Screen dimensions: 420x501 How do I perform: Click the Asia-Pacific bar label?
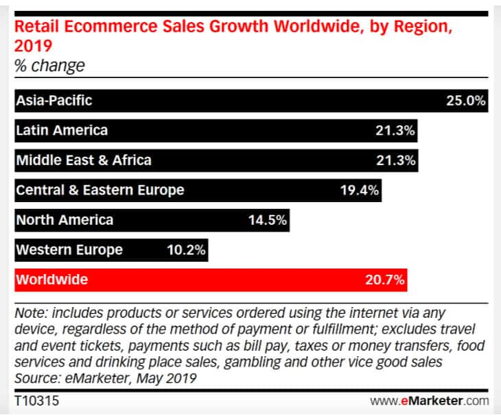click(54, 100)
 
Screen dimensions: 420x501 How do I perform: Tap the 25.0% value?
click(466, 100)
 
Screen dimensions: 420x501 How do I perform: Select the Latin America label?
click(62, 130)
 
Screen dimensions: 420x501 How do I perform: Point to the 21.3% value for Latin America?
click(396, 130)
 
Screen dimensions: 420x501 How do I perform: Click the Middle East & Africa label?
click(83, 160)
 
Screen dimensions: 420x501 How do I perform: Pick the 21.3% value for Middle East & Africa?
click(396, 160)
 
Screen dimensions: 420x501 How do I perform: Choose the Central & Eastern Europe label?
click(100, 190)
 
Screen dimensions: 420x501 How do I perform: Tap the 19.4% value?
click(360, 190)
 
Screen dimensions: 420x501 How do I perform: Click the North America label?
click(64, 220)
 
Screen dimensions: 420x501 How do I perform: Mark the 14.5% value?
click(267, 220)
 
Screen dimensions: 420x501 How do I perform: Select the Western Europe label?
click(69, 249)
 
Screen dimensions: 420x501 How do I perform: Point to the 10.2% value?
click(186, 249)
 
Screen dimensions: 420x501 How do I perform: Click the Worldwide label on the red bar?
click(51, 280)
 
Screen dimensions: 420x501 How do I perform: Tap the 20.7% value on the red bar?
click(384, 280)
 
